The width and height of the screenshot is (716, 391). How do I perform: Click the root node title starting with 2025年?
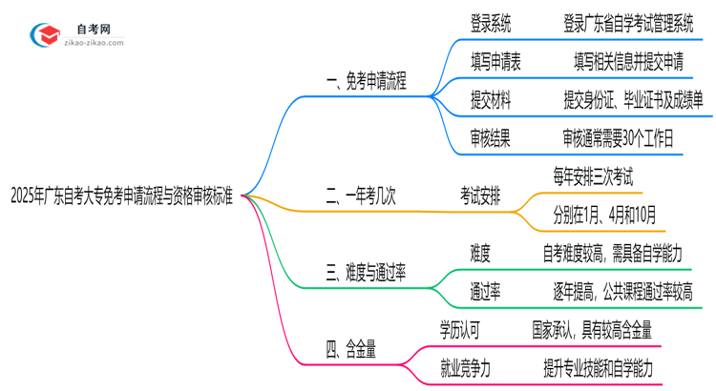click(122, 198)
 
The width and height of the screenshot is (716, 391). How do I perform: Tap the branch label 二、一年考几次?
click(360, 198)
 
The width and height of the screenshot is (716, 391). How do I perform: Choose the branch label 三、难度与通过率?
click(366, 275)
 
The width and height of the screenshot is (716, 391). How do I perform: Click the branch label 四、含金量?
click(350, 351)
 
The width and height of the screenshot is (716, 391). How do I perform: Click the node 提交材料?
click(490, 99)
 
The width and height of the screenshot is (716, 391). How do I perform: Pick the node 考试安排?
click(485, 198)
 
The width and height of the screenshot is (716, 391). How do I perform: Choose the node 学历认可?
click(458, 330)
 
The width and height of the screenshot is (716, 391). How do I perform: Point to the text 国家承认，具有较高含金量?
click(592, 330)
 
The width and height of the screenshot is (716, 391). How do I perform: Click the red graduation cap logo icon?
click(45, 34)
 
